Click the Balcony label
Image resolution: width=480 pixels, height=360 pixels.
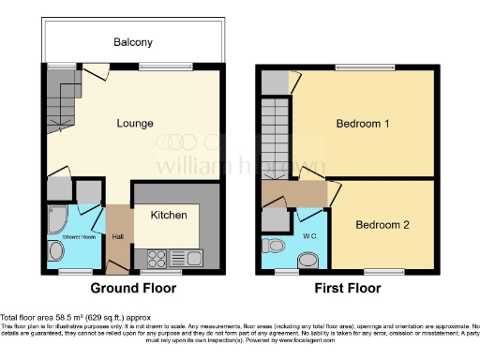[133, 42]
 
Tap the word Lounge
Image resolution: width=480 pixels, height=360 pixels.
[135, 123]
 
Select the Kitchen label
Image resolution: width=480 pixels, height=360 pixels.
[170, 215]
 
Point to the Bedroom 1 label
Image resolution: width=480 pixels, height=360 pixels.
[364, 124]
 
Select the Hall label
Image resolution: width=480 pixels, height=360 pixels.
[118, 236]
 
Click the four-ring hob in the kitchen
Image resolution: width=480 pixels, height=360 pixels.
[156, 256]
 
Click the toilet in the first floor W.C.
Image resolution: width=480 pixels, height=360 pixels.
[275, 246]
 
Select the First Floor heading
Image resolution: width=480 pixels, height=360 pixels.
[347, 288]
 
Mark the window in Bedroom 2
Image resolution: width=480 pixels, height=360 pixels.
[383, 271]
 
